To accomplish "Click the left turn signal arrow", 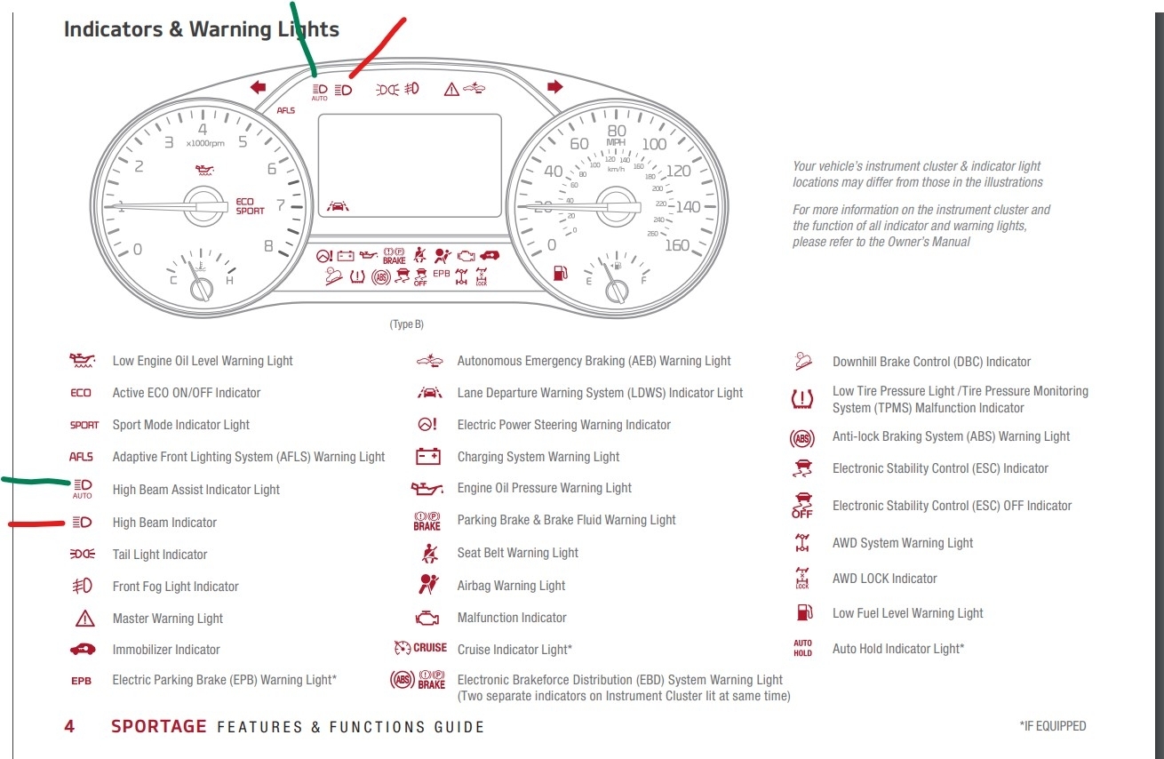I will coord(259,87).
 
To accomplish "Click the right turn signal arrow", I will coord(555,87).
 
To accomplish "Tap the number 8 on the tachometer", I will coord(268,246).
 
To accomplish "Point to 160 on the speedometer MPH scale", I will coord(676,245).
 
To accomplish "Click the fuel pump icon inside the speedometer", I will coord(560,272).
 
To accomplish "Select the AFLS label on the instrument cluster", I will coord(285,111).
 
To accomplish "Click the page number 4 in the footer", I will coord(69,726).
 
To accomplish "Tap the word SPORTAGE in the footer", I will coord(159,726).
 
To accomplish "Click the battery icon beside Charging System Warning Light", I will coord(427,457).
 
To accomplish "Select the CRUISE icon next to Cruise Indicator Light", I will coord(420,649).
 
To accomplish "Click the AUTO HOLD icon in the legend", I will coord(802,649).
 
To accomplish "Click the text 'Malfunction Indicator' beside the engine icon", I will coord(512,618).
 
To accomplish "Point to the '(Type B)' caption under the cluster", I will coord(406,324).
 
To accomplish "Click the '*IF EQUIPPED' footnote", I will coord(1052,726).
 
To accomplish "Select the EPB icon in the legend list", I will coord(81,681).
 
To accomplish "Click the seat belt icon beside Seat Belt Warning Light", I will coord(427,553).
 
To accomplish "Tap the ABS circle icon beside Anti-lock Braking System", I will coord(801,437).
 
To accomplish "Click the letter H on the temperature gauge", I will coord(229,281).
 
